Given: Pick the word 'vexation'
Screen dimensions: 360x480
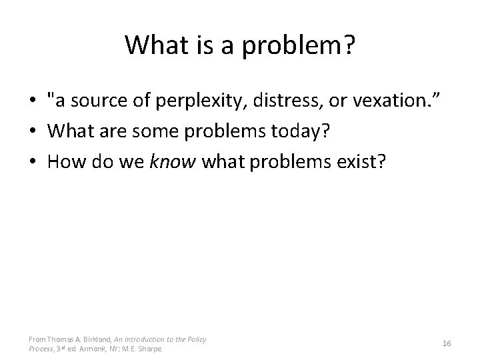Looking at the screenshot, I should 381,101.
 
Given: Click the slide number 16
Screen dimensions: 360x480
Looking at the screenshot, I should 447,343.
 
